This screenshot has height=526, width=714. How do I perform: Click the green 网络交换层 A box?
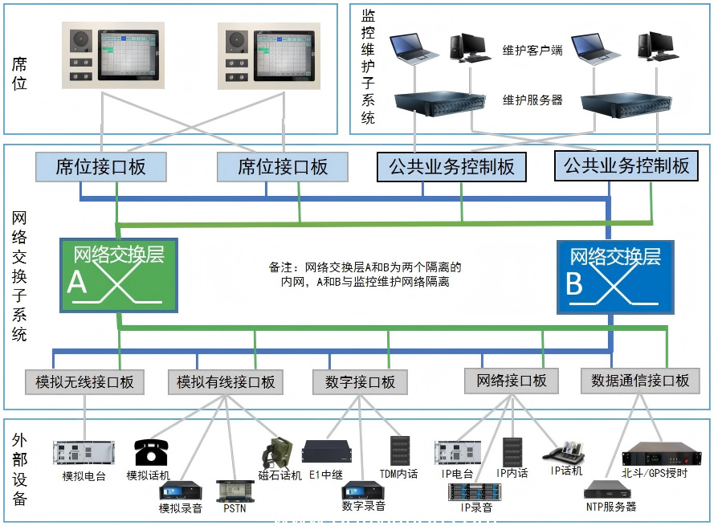(119, 275)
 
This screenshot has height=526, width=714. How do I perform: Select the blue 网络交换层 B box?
(615, 275)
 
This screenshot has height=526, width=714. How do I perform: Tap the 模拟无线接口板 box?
(84, 381)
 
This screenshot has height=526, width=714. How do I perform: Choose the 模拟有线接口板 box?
(226, 381)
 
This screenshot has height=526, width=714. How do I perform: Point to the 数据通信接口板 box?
(640, 381)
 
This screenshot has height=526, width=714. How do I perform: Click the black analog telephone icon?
(150, 452)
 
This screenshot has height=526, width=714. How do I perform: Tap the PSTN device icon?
(234, 491)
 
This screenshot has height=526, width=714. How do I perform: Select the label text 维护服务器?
(532, 100)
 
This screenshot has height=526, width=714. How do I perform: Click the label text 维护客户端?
(532, 51)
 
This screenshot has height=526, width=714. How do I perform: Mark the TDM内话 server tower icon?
(399, 452)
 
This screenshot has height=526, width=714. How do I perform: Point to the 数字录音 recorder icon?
(363, 489)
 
